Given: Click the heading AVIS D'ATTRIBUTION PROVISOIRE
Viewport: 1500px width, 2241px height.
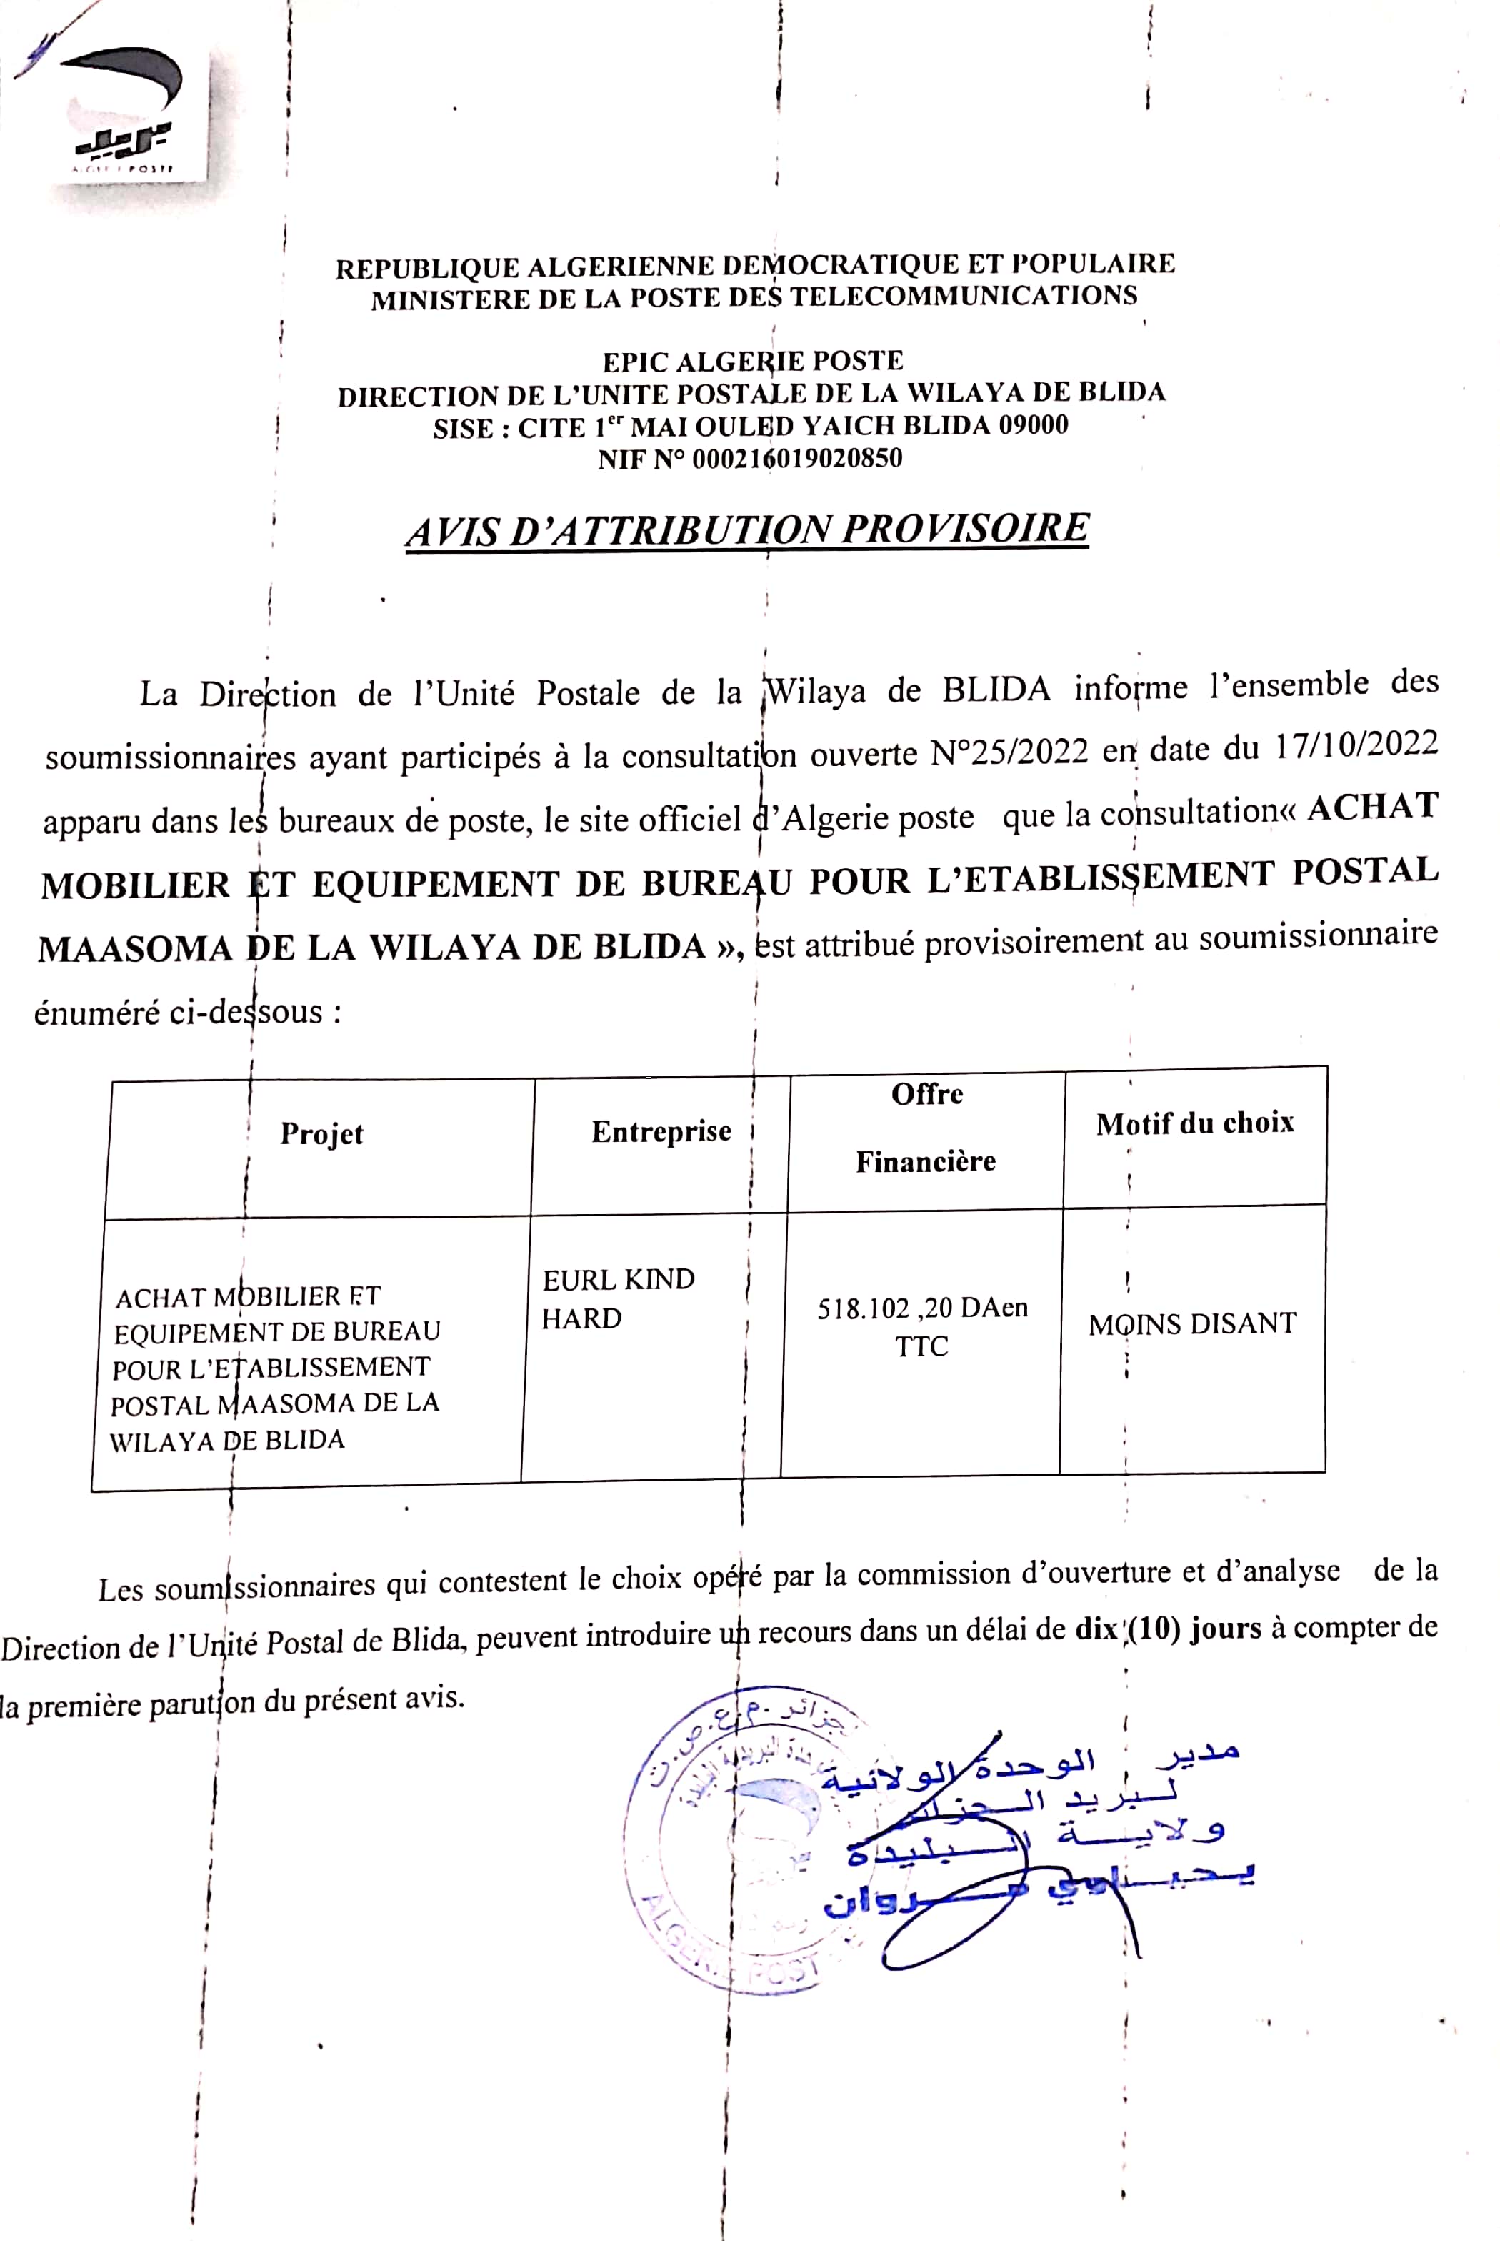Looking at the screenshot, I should [x=747, y=529].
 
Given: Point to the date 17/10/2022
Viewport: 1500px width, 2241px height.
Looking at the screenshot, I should [x=1356, y=745].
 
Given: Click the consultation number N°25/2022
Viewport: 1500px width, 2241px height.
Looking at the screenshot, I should [x=1009, y=752].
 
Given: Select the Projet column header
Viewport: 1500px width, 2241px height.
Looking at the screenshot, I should [x=321, y=1134].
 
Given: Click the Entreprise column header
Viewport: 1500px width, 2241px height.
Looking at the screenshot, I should [x=661, y=1131].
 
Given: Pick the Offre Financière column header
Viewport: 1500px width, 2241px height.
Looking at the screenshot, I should [x=926, y=1127].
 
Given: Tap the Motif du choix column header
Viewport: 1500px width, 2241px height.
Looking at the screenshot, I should [x=1195, y=1123].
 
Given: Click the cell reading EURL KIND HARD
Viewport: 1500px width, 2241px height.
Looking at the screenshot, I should [x=618, y=1298].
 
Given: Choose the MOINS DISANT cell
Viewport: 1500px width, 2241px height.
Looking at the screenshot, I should [x=1192, y=1324].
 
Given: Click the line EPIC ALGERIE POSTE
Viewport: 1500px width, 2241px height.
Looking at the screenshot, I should [x=753, y=362].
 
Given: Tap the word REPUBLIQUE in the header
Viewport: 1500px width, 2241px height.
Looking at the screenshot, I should [x=426, y=268].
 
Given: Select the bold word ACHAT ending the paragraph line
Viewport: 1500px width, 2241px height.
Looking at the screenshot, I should [x=1373, y=807].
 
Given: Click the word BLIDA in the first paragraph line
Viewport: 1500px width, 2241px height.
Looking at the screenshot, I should [x=996, y=689].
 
